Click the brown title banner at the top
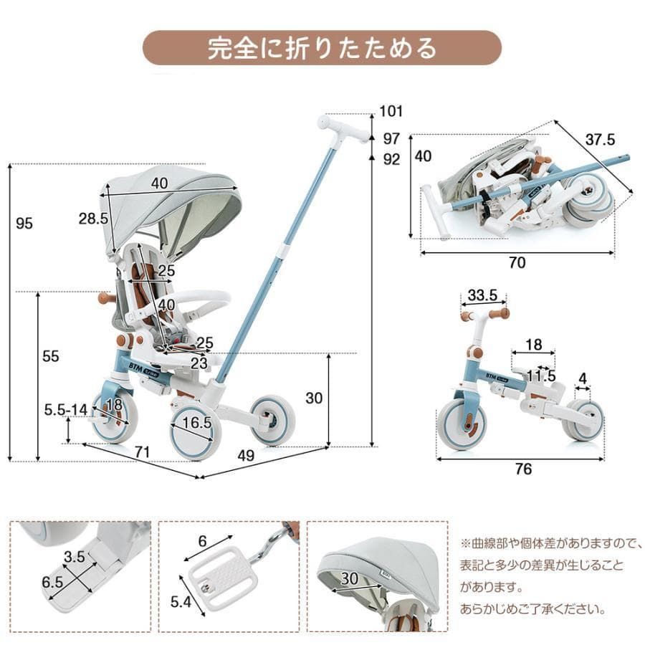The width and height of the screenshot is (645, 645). click(322, 48)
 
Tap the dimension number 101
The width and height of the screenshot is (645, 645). click(391, 111)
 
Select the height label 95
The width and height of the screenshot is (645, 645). click(24, 224)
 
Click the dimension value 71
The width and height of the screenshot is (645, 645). click(141, 451)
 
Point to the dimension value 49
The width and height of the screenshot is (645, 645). click(246, 454)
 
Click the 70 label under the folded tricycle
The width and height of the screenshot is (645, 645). click(517, 263)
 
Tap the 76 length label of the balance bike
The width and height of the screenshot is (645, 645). click(524, 469)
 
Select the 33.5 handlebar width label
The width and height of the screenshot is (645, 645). click(483, 295)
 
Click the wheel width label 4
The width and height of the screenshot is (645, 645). click(583, 378)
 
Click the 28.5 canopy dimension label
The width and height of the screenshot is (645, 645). click(93, 219)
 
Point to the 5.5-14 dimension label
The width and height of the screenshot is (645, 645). click(65, 409)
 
